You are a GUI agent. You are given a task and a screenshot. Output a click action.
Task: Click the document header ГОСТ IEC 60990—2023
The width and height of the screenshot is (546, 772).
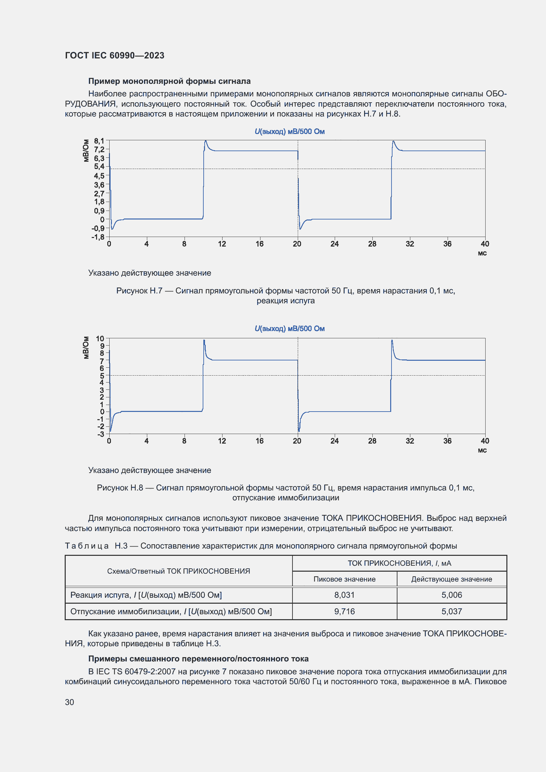(114, 55)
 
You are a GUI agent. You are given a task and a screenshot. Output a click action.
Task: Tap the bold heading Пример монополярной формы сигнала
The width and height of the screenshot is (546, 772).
(169, 81)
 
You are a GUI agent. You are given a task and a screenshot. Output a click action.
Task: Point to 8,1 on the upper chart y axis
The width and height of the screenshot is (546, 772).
(99, 141)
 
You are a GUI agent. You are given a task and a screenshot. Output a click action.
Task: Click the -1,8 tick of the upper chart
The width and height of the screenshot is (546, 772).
(98, 237)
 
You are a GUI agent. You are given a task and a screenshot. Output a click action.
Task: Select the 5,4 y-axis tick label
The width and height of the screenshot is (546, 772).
(99, 166)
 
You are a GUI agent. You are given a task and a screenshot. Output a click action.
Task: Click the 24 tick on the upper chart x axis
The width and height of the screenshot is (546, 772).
(334, 244)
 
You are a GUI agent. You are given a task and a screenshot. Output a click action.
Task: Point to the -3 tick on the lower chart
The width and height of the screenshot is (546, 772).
(101, 434)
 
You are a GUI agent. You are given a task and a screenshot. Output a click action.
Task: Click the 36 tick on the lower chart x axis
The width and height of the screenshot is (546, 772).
(447, 441)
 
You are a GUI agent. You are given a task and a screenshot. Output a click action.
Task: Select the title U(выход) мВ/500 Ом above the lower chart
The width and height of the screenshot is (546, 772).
(289, 328)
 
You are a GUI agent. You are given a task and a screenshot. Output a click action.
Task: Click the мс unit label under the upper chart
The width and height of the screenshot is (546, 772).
(482, 253)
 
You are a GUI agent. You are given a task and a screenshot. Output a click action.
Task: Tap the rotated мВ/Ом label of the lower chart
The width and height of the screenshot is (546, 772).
(86, 348)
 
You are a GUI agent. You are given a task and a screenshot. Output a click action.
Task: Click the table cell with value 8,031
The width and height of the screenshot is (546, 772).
(344, 595)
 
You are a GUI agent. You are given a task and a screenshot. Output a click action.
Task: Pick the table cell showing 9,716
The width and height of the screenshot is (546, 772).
(344, 611)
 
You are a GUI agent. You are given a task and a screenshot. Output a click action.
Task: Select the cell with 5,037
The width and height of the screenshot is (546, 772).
(452, 611)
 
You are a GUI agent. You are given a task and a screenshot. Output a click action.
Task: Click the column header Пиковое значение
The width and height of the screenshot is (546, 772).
(344, 579)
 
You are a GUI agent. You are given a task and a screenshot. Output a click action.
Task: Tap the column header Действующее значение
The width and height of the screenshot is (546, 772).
(452, 579)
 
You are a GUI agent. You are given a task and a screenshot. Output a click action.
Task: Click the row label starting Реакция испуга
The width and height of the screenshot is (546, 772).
(146, 595)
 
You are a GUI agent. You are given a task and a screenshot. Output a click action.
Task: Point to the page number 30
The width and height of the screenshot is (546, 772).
(69, 702)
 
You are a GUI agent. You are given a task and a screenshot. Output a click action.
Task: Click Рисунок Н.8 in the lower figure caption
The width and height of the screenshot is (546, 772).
(120, 487)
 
